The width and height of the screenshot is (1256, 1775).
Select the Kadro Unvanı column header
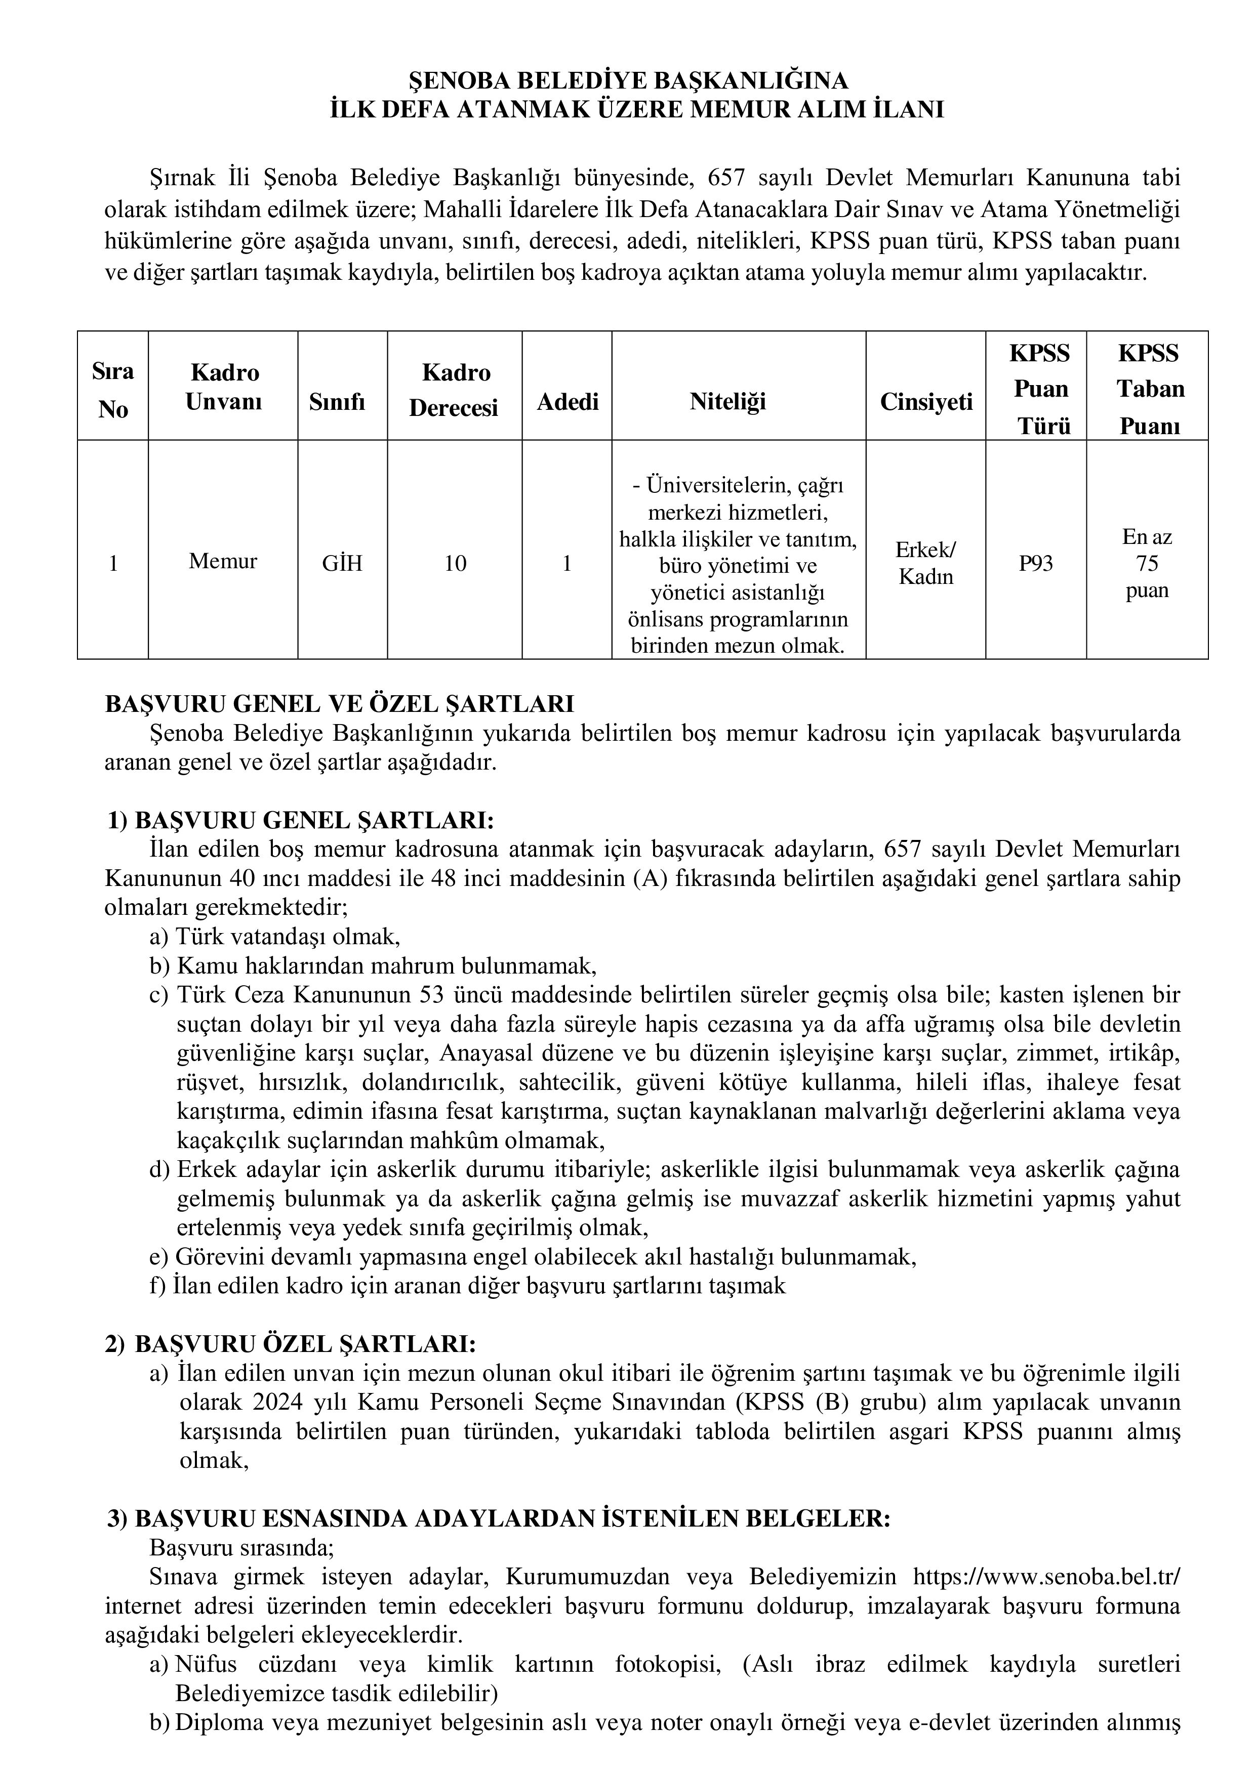(224, 387)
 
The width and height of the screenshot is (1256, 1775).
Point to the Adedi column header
(568, 401)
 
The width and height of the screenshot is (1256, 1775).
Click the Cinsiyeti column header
(926, 401)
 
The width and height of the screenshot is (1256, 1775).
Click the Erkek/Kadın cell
(926, 563)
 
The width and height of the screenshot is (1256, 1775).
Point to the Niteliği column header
(728, 401)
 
